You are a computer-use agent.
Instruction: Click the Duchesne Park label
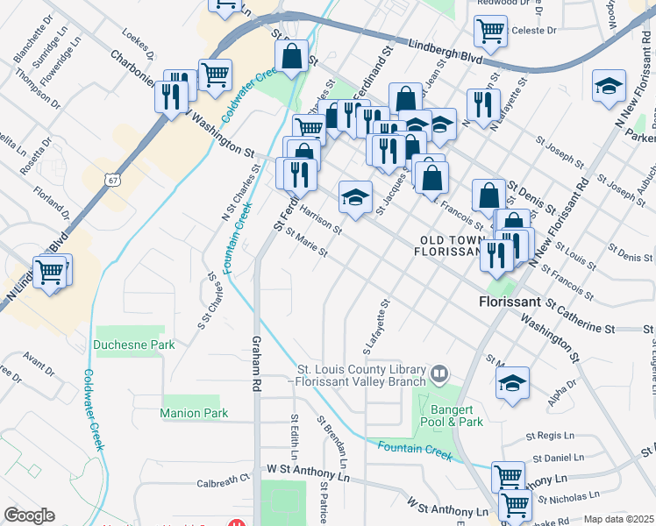point(134,345)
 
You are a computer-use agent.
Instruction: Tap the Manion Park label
point(194,413)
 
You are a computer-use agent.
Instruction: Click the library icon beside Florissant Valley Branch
point(439,375)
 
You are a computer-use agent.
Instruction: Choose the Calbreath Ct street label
point(224,482)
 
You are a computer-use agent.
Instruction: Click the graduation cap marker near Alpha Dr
point(512,383)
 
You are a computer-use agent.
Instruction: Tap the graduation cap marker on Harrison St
point(355,196)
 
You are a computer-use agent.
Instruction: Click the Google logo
point(29,515)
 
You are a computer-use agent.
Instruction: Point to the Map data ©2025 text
point(619,519)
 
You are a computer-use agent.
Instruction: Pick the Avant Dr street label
point(39,358)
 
